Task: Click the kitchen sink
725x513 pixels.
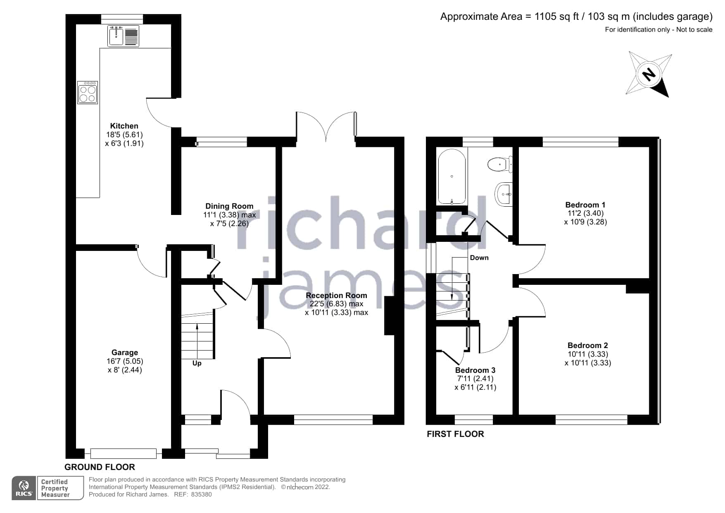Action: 123,36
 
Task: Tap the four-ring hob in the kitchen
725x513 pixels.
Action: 88,92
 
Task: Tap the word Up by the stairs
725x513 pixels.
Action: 197,363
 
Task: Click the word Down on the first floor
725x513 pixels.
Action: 479,258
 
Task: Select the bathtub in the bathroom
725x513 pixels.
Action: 452,177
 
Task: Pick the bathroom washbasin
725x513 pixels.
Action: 504,193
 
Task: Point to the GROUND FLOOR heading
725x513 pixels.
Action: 100,467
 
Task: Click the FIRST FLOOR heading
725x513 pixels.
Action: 455,434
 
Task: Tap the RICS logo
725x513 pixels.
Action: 24,488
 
